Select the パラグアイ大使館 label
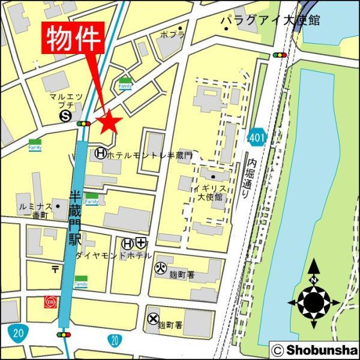point(269,20)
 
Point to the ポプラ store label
point(172,35)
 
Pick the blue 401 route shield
point(257,137)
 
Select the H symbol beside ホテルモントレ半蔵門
point(100,154)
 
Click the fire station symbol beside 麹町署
point(160,267)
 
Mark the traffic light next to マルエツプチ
point(83,124)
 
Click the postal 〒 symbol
point(55,267)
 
